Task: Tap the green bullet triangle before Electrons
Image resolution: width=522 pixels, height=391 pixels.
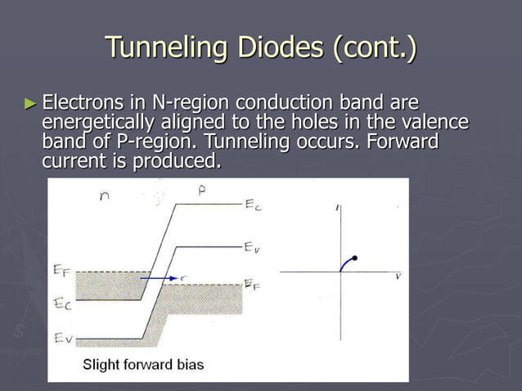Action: [x=31, y=104]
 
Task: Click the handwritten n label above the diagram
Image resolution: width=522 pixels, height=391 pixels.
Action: [x=104, y=196]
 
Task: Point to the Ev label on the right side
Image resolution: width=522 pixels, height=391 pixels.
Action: [x=253, y=246]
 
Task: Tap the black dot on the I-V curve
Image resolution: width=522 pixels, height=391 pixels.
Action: [x=354, y=258]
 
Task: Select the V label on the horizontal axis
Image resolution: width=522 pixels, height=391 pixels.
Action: [x=398, y=276]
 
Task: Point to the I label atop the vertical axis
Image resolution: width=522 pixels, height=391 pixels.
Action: [x=338, y=209]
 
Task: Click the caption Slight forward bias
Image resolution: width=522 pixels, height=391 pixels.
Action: [x=143, y=365]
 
